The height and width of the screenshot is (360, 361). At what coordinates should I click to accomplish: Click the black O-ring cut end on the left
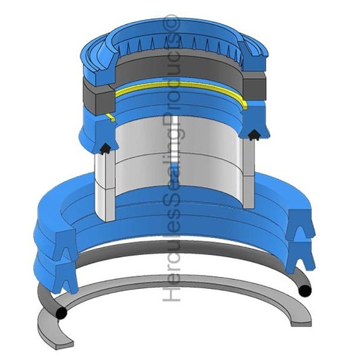(61, 313)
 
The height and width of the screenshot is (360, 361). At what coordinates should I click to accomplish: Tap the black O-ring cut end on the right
(305, 290)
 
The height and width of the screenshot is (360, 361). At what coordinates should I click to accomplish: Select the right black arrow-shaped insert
(254, 136)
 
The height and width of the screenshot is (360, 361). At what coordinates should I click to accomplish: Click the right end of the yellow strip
(245, 106)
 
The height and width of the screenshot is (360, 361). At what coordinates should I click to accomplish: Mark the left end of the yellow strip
(110, 117)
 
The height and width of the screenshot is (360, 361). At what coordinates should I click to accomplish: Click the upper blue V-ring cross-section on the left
(66, 244)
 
